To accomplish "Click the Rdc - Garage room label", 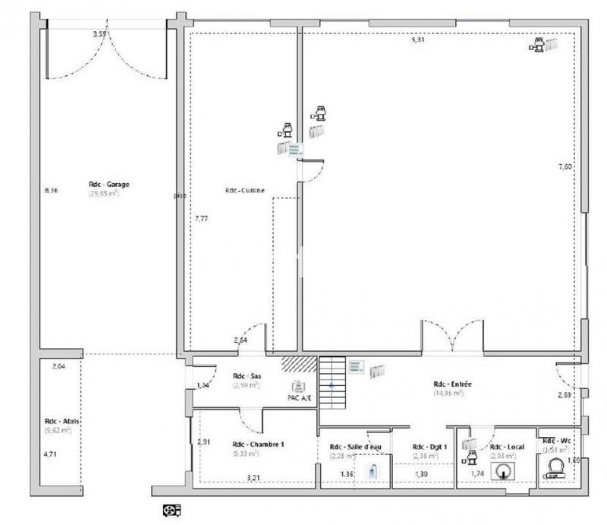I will pyautogui.click(x=107, y=184).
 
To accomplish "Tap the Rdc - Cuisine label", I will pyautogui.click(x=244, y=191).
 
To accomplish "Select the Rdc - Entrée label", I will pyautogui.click(x=453, y=384).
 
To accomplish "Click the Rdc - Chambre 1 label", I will pyautogui.click(x=258, y=444).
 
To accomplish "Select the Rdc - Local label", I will pyautogui.click(x=502, y=447).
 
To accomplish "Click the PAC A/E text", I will pyautogui.click(x=299, y=397).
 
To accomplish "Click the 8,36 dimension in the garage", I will pyautogui.click(x=52, y=190).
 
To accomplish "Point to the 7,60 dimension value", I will pyautogui.click(x=565, y=166).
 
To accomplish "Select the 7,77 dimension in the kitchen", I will pyautogui.click(x=201, y=218).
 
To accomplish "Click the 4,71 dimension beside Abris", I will pyautogui.click(x=50, y=454).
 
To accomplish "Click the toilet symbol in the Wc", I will pyautogui.click(x=556, y=470).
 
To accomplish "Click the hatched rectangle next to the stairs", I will pyautogui.click(x=299, y=364).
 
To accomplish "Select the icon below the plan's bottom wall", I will pyautogui.click(x=171, y=509).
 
